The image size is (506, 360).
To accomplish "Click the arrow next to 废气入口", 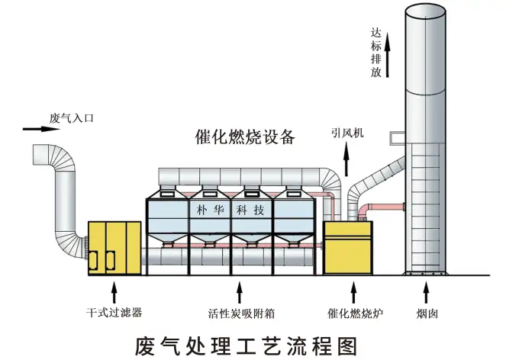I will click(34, 129).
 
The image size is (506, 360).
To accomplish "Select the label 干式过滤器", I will click(114, 312).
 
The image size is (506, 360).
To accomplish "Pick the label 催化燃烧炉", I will click(352, 312).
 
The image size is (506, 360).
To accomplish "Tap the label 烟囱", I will click(426, 312).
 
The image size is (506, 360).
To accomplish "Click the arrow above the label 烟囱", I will click(426, 291).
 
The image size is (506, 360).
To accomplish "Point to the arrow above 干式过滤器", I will click(114, 291).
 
